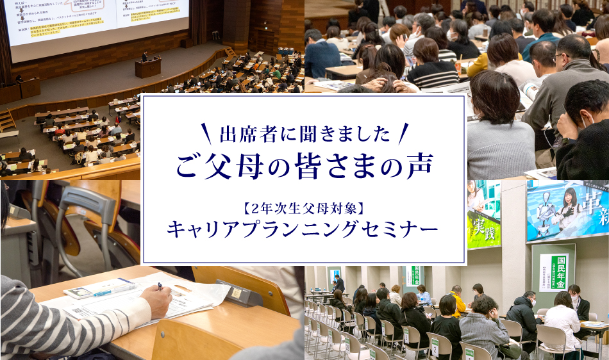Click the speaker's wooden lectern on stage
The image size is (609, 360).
147,67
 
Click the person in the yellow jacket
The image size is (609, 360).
457,302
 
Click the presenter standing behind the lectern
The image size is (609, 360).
145,56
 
